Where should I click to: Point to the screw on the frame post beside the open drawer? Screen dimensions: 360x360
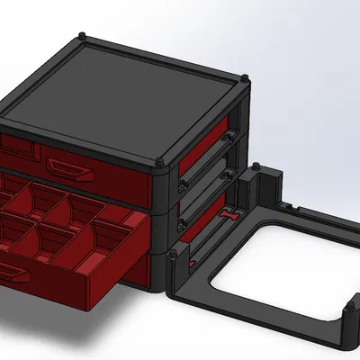pos(172,254)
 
